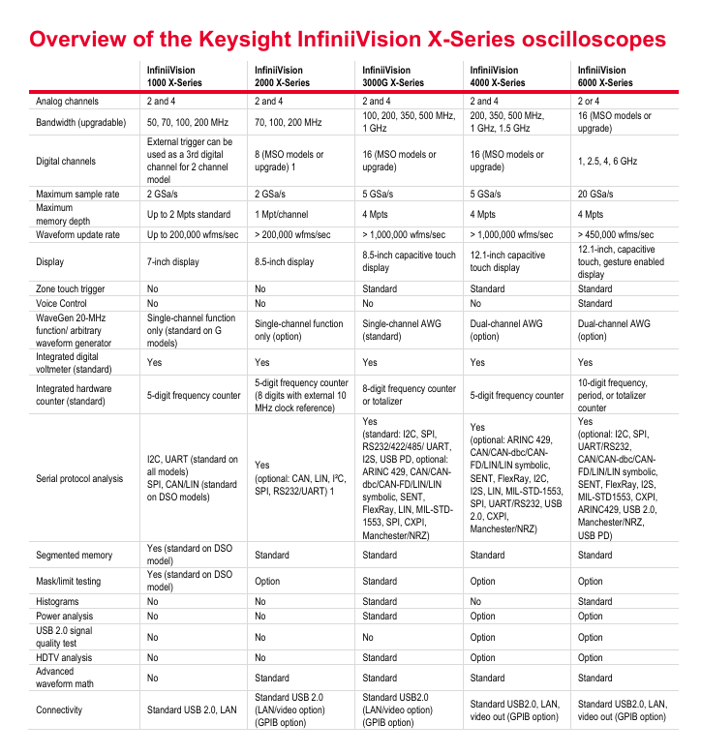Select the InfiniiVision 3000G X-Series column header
[392, 76]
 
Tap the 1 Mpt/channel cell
[283, 214]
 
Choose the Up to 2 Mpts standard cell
[189, 214]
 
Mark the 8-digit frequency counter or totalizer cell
[407, 395]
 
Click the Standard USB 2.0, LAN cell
[192, 709]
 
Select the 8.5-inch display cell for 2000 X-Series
[284, 261]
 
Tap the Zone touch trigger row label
[74, 288]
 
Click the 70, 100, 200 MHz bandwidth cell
[288, 123]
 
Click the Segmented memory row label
[75, 556]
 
